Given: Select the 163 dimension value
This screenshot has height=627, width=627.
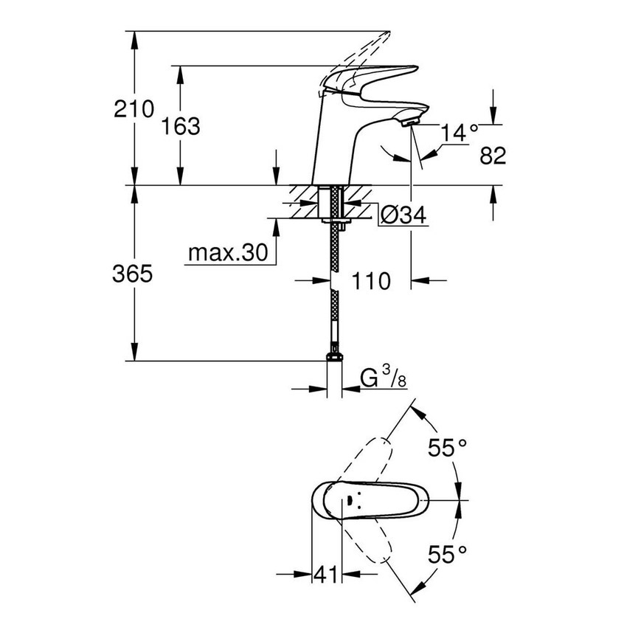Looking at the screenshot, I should (180, 126).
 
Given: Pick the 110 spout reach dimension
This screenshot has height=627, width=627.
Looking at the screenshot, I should (370, 280).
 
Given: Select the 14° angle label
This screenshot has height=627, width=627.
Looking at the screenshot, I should (459, 134).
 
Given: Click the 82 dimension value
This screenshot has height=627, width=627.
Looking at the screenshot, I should (492, 155).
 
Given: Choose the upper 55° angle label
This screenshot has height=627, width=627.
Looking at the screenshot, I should (448, 446).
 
